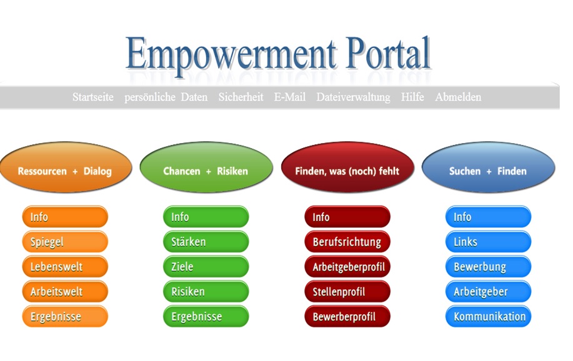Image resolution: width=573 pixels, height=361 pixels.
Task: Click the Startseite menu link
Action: coord(93,97)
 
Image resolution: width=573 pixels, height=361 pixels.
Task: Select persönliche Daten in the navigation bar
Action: coord(166,97)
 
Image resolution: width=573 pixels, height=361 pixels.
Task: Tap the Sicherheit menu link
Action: coord(241,97)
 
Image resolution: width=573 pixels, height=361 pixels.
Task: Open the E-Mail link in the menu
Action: coord(290,97)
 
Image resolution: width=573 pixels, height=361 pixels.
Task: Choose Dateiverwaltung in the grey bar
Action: coord(354,97)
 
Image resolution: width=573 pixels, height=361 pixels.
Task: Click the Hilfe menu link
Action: coord(412,97)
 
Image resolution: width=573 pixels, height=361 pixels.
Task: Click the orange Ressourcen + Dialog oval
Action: coord(66,167)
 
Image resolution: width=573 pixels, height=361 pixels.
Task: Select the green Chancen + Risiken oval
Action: coord(206,167)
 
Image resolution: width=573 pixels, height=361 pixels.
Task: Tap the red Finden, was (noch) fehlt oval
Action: coord(347,167)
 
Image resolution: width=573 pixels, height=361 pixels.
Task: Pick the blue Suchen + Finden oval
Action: coord(488,167)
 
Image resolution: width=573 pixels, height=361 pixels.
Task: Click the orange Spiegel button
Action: coord(65,242)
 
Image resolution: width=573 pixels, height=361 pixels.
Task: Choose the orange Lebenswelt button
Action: coord(65,266)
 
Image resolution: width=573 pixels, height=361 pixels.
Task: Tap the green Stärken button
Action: coord(206,242)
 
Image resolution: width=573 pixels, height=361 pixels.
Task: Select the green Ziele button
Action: coord(206,266)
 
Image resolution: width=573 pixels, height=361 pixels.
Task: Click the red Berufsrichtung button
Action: coord(347,242)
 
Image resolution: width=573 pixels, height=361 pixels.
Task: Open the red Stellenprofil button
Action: coord(347,292)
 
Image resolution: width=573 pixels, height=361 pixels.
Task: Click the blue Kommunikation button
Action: coord(488,317)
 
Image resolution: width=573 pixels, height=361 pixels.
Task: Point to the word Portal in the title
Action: coord(387,53)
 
